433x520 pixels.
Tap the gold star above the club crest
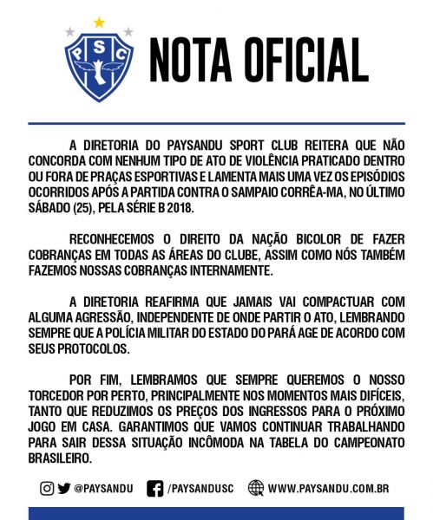98,22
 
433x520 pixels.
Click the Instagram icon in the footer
47,488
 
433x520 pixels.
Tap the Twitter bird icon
64,488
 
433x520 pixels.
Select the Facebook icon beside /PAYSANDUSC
155,488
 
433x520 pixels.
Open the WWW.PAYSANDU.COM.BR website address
327,488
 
